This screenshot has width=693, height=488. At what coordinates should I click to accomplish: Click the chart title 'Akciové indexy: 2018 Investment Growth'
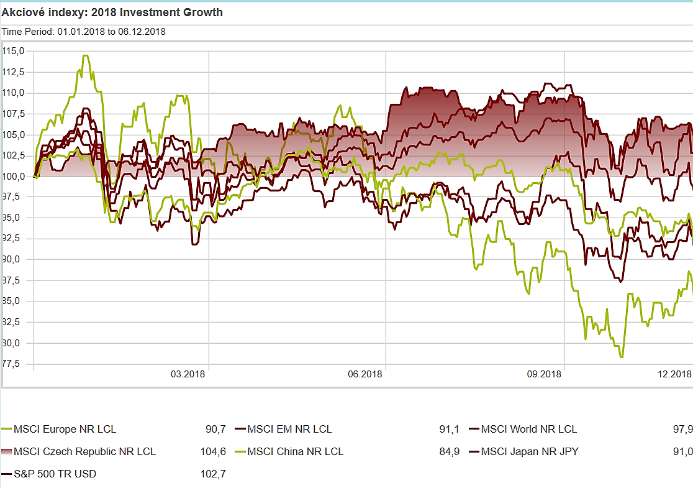[112, 12]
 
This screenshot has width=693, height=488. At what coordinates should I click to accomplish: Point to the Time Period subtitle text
[83, 31]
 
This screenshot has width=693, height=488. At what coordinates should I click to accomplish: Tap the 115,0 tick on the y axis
[14, 51]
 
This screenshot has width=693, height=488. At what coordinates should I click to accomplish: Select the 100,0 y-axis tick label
[14, 176]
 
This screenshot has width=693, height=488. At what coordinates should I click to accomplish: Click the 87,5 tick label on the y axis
[14, 280]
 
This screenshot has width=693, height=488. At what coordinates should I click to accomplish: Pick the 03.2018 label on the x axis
[188, 374]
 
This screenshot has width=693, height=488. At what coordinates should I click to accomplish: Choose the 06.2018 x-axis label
[365, 374]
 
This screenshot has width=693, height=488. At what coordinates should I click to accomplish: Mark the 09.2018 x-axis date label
[544, 374]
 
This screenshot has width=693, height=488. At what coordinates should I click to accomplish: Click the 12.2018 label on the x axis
[674, 374]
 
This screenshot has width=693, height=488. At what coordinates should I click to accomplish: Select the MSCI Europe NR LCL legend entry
[65, 429]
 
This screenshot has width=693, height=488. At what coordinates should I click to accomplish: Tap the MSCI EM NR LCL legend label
[289, 429]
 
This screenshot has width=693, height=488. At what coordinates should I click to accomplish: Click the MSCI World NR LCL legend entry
[528, 429]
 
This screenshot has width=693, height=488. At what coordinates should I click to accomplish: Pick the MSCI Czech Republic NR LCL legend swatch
[7, 451]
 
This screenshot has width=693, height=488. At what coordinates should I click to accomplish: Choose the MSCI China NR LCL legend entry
[295, 451]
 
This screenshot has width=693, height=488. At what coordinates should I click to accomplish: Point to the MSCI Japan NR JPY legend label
[529, 451]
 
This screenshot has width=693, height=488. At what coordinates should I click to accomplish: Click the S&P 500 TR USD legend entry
[55, 474]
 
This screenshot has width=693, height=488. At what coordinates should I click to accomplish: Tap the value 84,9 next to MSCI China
[449, 451]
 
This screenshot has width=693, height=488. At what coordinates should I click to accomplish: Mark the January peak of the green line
[86, 56]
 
